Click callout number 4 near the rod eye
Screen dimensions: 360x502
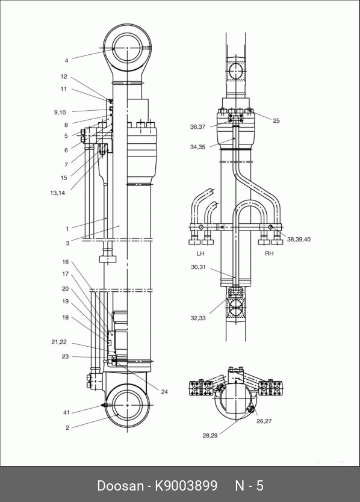(x=67, y=61)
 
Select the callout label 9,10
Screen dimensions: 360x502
(x=60, y=113)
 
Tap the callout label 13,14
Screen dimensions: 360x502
(x=58, y=193)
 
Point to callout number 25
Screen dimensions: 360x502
(x=276, y=121)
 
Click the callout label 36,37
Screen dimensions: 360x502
(x=197, y=127)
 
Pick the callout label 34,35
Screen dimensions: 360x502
(x=197, y=147)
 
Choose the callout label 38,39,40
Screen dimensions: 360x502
(x=299, y=239)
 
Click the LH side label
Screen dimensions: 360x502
(x=200, y=253)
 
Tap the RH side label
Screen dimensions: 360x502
(x=269, y=253)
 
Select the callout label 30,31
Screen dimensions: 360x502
(x=198, y=267)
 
